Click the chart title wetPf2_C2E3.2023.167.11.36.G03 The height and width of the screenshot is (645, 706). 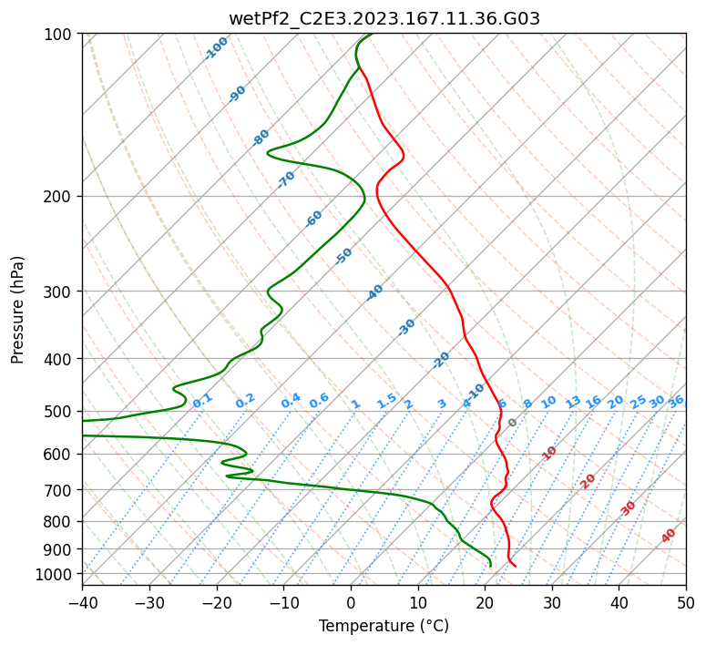click(384, 19)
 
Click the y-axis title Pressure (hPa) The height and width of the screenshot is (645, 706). click(17, 310)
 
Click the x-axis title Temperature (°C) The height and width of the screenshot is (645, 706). click(384, 626)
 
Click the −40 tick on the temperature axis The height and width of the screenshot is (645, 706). click(82, 602)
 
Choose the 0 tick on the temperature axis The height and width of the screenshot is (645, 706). click(352, 602)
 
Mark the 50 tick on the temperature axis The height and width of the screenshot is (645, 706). click(686, 602)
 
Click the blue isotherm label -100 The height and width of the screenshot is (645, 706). click(216, 48)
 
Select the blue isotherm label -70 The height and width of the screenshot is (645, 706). click(286, 179)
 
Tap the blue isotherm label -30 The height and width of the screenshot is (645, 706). click(406, 327)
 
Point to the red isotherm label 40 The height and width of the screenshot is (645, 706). click(668, 536)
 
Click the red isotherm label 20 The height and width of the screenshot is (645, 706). click(588, 482)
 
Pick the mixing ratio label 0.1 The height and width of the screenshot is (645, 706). click(202, 401)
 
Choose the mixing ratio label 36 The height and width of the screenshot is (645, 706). click(676, 402)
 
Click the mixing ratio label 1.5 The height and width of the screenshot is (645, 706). click(387, 401)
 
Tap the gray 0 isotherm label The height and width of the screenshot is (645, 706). click(512, 423)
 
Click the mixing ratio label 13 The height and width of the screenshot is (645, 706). click(573, 402)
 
